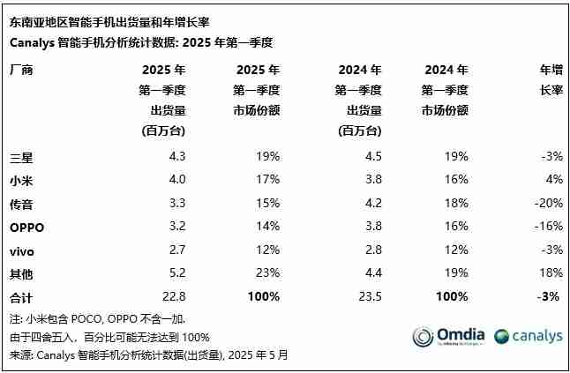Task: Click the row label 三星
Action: pyautogui.click(x=21, y=157)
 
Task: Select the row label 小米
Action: pyautogui.click(x=21, y=180)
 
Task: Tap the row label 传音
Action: pyautogui.click(x=21, y=203)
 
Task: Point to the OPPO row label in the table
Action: pyautogui.click(x=26, y=227)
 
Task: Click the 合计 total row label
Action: pyautogui.click(x=21, y=296)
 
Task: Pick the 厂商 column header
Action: pyautogui.click(x=21, y=70)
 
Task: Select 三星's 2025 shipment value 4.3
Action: pyautogui.click(x=176, y=157)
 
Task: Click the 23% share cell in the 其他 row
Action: pyautogui.click(x=267, y=273)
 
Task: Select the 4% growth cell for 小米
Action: pyautogui.click(x=553, y=180)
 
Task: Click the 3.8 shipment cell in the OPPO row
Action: pyautogui.click(x=371, y=227)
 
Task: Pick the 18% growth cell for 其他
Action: pyautogui.click(x=549, y=273)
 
